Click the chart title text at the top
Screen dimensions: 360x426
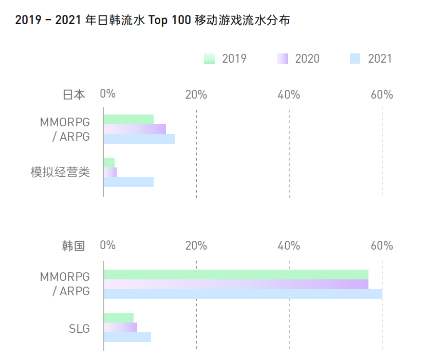[x=152, y=21]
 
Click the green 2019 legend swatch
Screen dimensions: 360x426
[x=209, y=59]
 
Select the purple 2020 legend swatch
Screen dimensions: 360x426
[x=282, y=59]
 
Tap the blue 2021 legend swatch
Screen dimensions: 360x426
[x=355, y=59]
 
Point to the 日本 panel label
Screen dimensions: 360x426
[x=73, y=94]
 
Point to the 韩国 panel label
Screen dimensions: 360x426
[x=73, y=245]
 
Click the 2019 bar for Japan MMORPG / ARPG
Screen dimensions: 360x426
[x=129, y=120]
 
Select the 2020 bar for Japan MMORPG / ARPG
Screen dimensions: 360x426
[x=135, y=129]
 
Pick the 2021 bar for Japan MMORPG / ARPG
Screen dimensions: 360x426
[x=139, y=139]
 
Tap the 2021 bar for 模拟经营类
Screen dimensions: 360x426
[x=129, y=182]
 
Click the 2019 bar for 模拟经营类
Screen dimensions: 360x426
[x=109, y=163]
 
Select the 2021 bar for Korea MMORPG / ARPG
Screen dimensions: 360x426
[x=243, y=294]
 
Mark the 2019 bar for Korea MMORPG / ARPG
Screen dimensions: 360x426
[x=236, y=274]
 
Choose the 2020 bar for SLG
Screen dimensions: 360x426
[x=121, y=327]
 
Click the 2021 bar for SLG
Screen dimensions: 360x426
[x=127, y=337]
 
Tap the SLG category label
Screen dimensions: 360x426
[x=79, y=328]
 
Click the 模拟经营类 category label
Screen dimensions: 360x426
[x=60, y=173]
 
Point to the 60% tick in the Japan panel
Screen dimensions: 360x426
[x=382, y=94]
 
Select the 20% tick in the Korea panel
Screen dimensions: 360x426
[x=196, y=245]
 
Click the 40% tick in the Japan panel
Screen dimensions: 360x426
[x=289, y=94]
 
